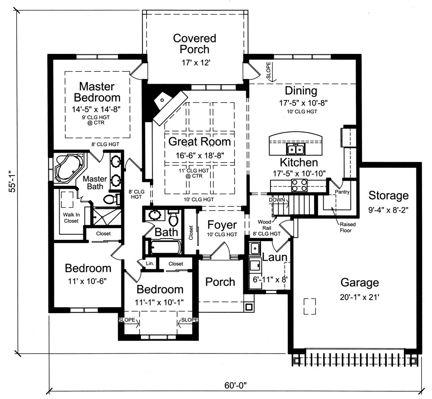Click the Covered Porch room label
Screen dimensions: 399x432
tap(194, 44)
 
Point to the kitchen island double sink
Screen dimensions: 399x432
tap(296, 149)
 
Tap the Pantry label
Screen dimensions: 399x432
tap(342, 192)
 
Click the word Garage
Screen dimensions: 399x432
tap(359, 283)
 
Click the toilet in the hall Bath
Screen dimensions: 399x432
tap(174, 219)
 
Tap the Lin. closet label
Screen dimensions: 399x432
tap(150, 263)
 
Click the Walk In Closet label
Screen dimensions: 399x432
tap(71, 217)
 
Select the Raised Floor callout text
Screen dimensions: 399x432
tap(346, 228)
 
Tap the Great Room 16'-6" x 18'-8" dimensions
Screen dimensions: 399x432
tap(199, 154)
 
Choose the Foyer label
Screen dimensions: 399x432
tap(222, 225)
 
